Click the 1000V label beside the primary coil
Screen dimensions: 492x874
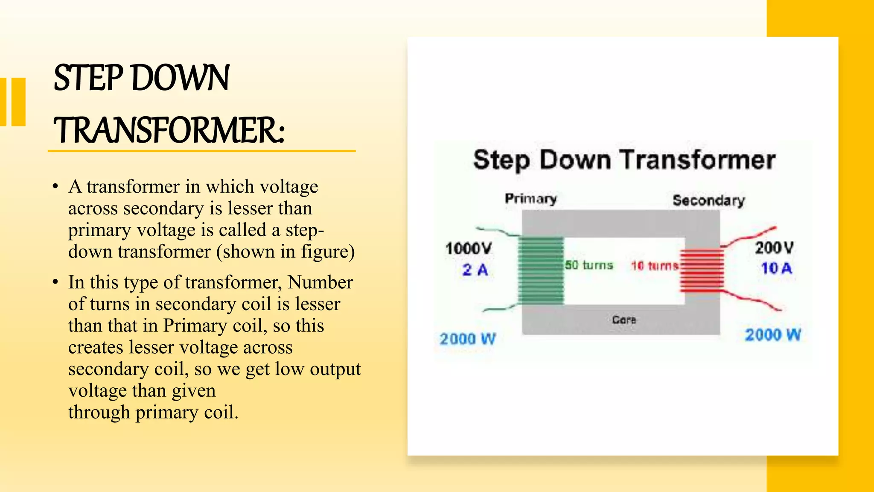point(469,249)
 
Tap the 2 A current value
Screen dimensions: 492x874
point(475,270)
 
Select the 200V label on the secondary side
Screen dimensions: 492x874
point(774,248)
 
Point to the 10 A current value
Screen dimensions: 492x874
point(776,269)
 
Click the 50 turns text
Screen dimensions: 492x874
point(589,265)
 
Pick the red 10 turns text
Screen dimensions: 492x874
point(655,266)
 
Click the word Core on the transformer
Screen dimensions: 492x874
point(624,319)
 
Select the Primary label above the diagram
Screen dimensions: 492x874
point(530,199)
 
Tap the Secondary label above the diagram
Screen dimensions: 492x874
point(708,200)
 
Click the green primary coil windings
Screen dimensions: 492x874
point(541,270)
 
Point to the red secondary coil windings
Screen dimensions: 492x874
point(702,270)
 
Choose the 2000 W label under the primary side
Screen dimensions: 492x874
point(468,339)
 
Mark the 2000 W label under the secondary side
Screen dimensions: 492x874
point(773,335)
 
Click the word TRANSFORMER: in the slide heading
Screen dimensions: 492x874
point(169,130)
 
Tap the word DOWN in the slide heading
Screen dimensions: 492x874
point(181,78)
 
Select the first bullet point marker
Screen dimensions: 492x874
point(55,187)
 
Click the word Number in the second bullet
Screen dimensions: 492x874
point(320,282)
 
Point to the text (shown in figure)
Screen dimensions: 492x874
point(286,252)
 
